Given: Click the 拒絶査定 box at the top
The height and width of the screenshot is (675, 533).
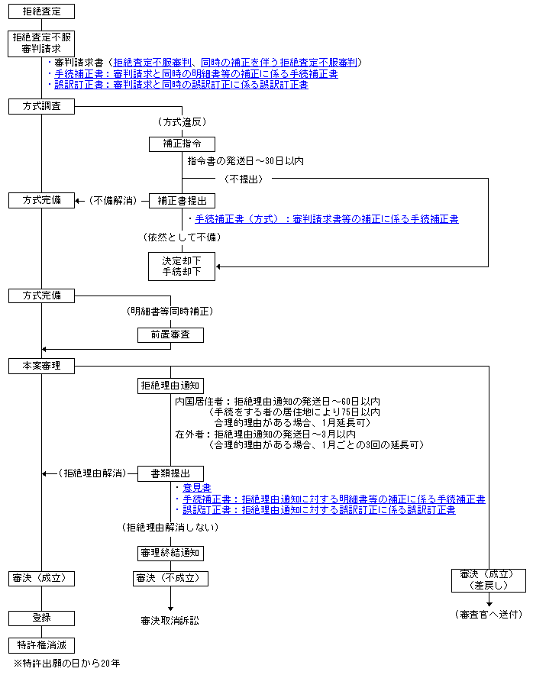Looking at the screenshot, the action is click(41, 11).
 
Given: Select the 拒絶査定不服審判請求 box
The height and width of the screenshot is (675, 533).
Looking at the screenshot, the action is click(41, 44).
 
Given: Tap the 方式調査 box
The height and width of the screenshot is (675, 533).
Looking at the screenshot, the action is click(41, 106).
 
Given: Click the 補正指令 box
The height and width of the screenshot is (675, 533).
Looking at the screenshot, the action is click(182, 144).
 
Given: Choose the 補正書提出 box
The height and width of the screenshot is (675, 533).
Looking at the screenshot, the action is click(182, 201).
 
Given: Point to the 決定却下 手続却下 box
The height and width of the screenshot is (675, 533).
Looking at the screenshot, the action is click(182, 266).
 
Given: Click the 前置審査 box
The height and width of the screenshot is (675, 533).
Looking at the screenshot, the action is click(170, 335).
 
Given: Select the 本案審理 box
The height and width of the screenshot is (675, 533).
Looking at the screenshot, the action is click(41, 366).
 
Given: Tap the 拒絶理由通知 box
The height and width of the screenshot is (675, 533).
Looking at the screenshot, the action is click(170, 386).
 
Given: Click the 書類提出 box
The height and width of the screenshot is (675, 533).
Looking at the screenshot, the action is click(170, 473).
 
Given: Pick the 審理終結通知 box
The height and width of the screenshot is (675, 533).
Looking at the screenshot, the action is click(170, 553).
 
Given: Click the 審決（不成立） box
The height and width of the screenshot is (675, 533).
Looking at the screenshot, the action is click(170, 579).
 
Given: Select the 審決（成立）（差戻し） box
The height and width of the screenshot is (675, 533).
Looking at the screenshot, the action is click(489, 580).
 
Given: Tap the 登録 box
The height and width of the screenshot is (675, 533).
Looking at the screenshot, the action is click(41, 618).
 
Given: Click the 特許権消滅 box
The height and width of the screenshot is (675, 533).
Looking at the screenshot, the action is click(41, 645).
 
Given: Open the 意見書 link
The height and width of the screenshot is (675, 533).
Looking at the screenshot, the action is click(197, 488).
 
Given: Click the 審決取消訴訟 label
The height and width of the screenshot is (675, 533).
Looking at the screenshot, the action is click(170, 621).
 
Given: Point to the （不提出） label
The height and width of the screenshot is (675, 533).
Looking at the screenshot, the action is click(244, 179).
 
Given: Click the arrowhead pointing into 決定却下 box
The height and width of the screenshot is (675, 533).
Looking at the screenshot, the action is click(218, 267).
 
